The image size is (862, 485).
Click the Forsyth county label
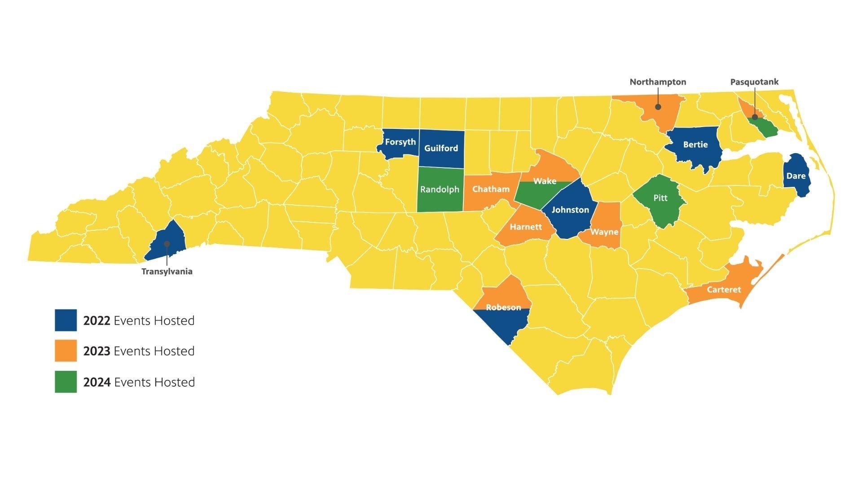pyautogui.click(x=400, y=142)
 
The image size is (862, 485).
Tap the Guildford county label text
pyautogui.click(x=441, y=148)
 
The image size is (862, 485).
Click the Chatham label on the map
pyautogui.click(x=491, y=189)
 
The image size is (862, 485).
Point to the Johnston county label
pyautogui.click(x=570, y=210)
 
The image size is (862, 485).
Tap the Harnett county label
pyautogui.click(x=525, y=227)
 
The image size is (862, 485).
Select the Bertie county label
pyautogui.click(x=695, y=145)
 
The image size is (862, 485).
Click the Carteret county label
pyautogui.click(x=723, y=290)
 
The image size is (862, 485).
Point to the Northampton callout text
pyautogui.click(x=658, y=82)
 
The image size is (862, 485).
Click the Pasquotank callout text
pyautogui.click(x=754, y=82)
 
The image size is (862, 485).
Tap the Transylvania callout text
pyautogui.click(x=167, y=272)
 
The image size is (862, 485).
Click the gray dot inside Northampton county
pyautogui.click(x=658, y=107)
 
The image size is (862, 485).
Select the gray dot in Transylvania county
pyautogui.click(x=167, y=243)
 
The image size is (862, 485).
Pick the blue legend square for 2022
pyautogui.click(x=66, y=320)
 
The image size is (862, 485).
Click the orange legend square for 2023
pyautogui.click(x=66, y=351)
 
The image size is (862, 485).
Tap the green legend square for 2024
pyautogui.click(x=66, y=382)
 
